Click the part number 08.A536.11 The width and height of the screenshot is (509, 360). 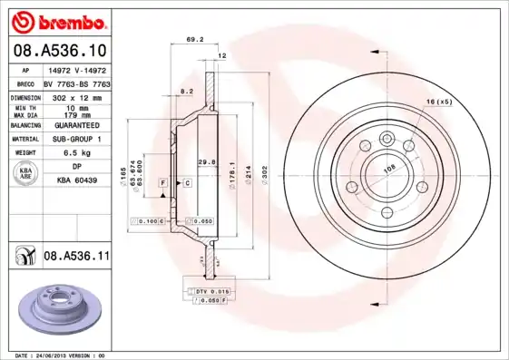click(77, 257)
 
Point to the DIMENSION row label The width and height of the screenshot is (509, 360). click(26, 95)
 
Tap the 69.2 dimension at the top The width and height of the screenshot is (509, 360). click(193, 39)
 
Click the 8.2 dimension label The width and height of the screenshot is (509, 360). click(186, 92)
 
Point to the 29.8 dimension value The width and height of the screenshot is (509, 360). click(206, 161)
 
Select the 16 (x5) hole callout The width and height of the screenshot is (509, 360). click(438, 102)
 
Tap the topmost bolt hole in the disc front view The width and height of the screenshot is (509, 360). click(387, 138)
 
